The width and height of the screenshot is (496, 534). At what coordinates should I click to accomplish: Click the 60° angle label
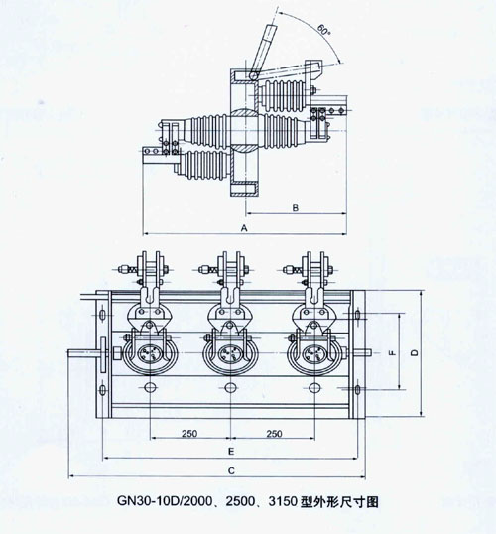323,30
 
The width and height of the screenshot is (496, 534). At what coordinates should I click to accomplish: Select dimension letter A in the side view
244,228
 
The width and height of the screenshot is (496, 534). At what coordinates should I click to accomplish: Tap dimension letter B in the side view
296,207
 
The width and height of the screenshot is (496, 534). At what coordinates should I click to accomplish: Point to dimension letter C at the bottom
231,470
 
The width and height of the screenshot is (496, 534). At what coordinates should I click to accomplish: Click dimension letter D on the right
414,353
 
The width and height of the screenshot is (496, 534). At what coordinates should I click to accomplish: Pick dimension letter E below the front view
231,452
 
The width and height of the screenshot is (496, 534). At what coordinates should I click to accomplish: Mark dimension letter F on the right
393,353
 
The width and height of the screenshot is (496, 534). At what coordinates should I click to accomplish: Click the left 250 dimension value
189,433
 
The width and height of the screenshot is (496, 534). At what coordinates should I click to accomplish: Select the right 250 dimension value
274,433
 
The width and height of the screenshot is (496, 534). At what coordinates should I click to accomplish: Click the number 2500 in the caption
241,501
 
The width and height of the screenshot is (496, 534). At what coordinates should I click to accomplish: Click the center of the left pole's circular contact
150,353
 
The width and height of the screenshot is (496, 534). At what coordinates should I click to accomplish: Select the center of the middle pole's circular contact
231,353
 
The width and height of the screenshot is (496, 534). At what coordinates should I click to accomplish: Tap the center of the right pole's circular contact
314,353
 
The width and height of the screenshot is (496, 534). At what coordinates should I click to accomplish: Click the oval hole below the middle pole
231,387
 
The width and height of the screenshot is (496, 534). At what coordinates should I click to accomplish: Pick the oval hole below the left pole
150,387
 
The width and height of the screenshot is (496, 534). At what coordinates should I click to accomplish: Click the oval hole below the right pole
314,387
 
